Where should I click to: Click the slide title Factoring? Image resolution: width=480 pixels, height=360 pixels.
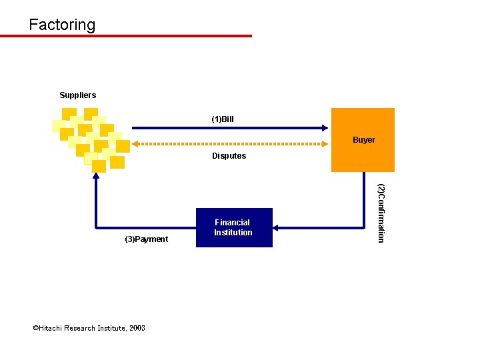point(62,25)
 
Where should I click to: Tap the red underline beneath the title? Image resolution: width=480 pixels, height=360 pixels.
point(126,36)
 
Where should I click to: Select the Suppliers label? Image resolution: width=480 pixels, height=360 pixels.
point(77,95)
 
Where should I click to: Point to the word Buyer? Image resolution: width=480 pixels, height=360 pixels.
point(364,140)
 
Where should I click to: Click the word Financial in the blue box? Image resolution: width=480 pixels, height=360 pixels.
point(232,223)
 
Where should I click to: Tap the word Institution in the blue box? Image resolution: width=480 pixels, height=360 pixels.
point(233,233)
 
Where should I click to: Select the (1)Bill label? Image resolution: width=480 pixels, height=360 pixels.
point(223,119)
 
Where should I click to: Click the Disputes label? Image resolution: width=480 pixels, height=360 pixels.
point(229,156)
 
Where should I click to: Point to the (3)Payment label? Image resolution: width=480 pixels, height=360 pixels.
point(147,239)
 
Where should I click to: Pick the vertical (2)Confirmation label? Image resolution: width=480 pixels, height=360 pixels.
point(381,213)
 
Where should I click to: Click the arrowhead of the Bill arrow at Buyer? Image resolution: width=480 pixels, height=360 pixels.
point(326,128)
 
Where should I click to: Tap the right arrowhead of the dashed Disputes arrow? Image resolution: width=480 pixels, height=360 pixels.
point(326,143)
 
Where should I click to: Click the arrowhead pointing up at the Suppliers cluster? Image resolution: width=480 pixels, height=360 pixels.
point(96,177)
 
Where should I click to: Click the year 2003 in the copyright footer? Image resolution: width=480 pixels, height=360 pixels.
point(137,328)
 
